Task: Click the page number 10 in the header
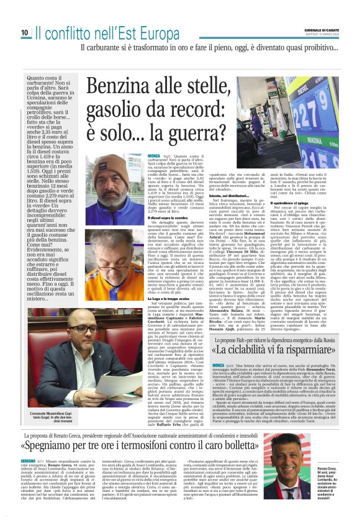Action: coord(24,32)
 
